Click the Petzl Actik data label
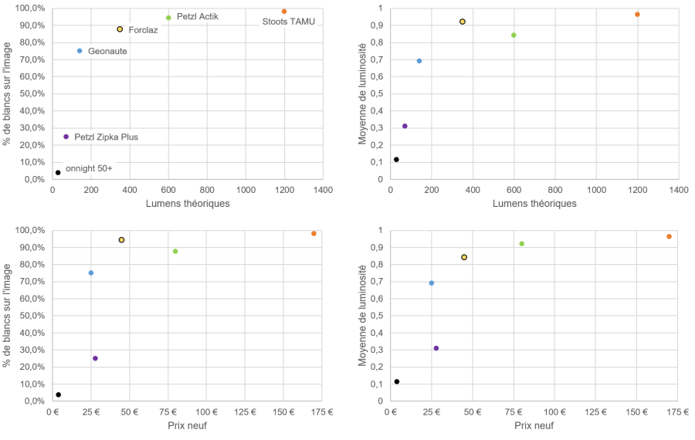pyautogui.click(x=198, y=16)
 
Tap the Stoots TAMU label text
pyautogui.click(x=289, y=22)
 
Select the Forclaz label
pyautogui.click(x=143, y=30)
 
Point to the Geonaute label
pyautogui.click(x=107, y=52)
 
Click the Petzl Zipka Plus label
pyautogui.click(x=107, y=137)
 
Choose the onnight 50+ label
pyautogui.click(x=89, y=168)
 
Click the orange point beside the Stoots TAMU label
pyautogui.click(x=284, y=12)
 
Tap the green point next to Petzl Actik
pyautogui.click(x=168, y=18)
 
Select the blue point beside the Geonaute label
pyautogui.click(x=80, y=51)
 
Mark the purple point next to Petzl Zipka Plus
pyautogui.click(x=66, y=137)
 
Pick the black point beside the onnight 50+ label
pyautogui.click(x=58, y=173)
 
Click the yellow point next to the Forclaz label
pyautogui.click(x=120, y=29)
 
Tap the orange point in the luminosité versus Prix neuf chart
pyautogui.click(x=669, y=236)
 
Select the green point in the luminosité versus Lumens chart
pyautogui.click(x=514, y=35)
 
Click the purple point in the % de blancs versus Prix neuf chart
pyautogui.click(x=95, y=358)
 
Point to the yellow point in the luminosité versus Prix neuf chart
pyautogui.click(x=464, y=257)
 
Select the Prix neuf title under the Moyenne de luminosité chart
pyautogui.click(x=534, y=426)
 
